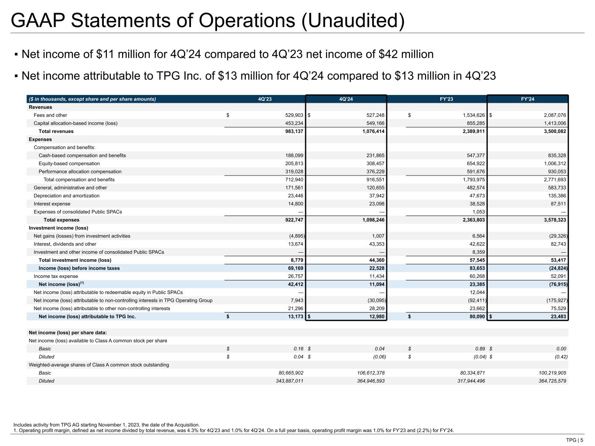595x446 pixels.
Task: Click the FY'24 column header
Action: pyautogui.click(x=527, y=99)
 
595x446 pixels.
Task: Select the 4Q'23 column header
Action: pyautogui.click(x=265, y=99)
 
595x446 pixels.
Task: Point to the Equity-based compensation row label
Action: pyautogui.click(x=69, y=163)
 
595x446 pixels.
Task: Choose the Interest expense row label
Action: pyautogui.click(x=52, y=204)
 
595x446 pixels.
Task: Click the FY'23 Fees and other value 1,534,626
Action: pyautogui.click(x=469, y=115)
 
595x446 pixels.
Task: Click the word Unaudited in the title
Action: pyautogui.click(x=351, y=21)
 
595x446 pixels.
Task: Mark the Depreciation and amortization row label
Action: pyautogui.click(x=66, y=196)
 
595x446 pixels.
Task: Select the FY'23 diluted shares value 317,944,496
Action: pyautogui.click(x=463, y=381)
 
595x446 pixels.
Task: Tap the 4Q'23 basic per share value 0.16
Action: pyautogui.click(x=298, y=348)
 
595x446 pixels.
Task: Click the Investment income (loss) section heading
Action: pyautogui.click(x=58, y=228)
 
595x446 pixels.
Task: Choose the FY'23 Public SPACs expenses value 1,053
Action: pyautogui.click(x=478, y=212)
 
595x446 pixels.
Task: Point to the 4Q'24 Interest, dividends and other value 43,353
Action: pyautogui.click(x=375, y=244)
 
